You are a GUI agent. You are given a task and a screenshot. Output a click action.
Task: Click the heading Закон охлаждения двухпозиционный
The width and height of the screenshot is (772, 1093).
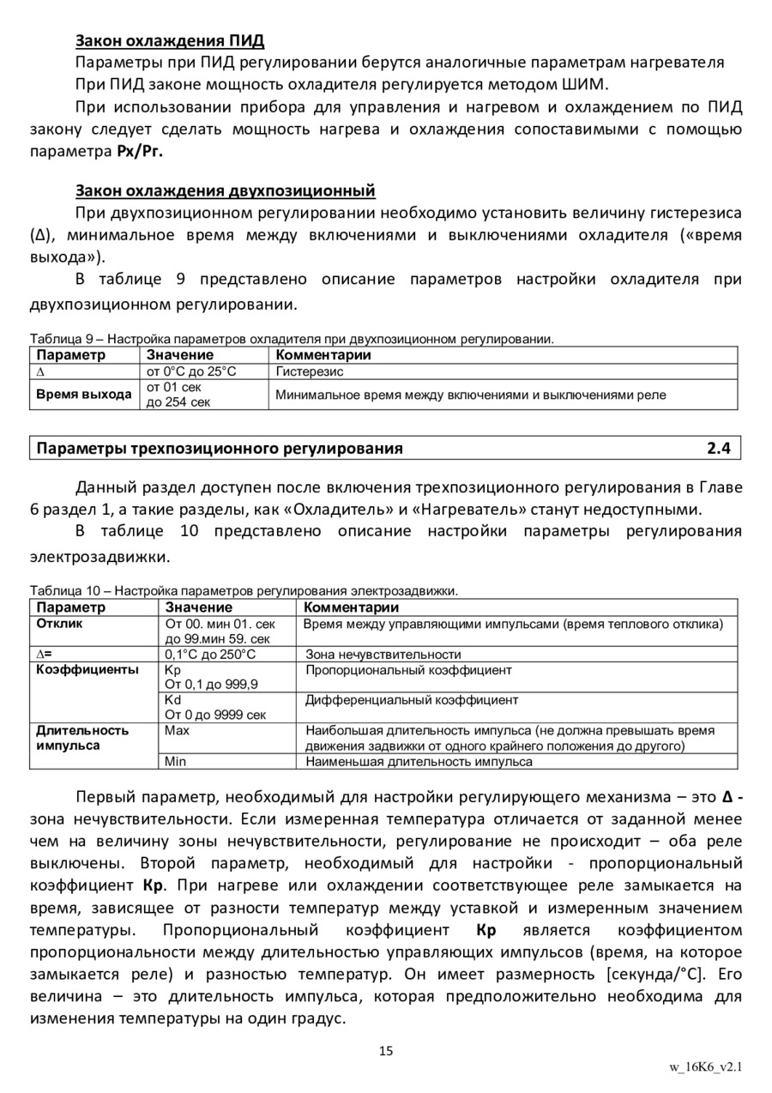click(225, 190)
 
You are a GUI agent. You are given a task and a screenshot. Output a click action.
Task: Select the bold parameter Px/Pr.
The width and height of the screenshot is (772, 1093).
click(139, 152)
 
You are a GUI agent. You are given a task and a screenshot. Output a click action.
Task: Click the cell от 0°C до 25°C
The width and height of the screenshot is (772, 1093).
click(191, 371)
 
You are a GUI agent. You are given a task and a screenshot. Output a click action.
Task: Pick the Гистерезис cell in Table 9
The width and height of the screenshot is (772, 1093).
click(310, 371)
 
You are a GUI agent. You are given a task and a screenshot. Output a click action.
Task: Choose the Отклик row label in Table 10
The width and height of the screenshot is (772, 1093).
click(59, 624)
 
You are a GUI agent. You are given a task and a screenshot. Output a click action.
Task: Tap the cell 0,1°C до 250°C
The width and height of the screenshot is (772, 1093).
click(210, 654)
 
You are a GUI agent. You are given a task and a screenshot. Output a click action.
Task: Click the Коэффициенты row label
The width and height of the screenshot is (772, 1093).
click(87, 669)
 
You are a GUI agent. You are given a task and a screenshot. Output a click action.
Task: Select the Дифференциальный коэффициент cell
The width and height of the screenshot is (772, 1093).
click(412, 700)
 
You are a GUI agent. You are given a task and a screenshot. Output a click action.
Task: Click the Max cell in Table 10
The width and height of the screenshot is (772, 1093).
click(178, 731)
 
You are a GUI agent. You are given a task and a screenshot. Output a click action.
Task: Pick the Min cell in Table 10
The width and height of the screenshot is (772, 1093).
click(175, 761)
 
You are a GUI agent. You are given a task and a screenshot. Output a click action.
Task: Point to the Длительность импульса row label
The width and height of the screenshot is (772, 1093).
click(82, 738)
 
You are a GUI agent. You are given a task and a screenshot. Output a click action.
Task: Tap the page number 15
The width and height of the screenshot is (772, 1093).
click(386, 1050)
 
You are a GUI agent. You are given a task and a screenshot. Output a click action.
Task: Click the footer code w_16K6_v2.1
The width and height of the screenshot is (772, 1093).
click(706, 1068)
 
